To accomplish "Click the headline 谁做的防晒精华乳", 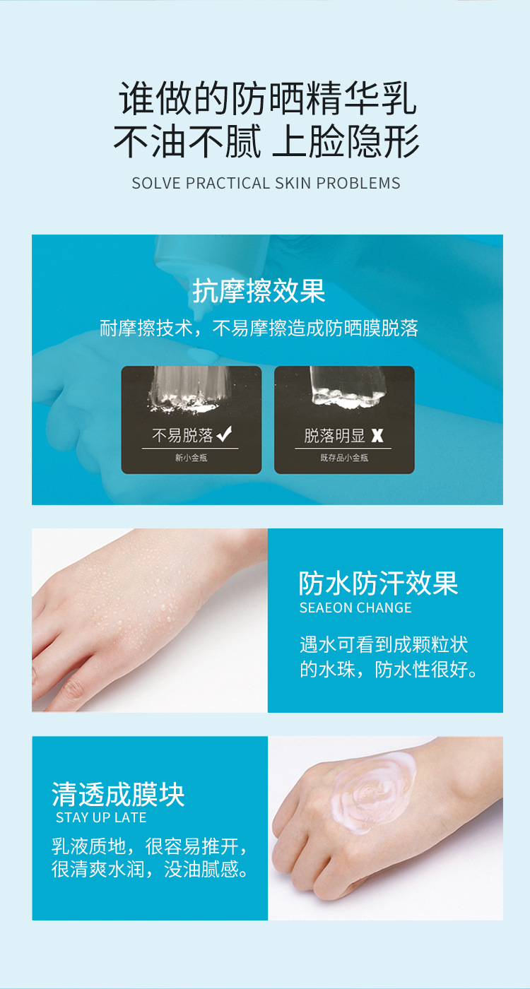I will (267, 98).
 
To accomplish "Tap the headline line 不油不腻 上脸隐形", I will (267, 141).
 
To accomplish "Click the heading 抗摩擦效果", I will (259, 291).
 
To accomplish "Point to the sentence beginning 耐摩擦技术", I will (259, 328).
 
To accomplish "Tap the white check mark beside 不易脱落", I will (225, 434).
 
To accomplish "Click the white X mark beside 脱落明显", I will (377, 435).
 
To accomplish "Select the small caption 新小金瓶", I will (191, 458).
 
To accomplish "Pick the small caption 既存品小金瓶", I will (344, 458).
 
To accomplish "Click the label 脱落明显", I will (335, 435).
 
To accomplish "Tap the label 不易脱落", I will (182, 435).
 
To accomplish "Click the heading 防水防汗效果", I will (378, 584).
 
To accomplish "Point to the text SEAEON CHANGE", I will (355, 608).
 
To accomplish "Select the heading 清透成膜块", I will (118, 795).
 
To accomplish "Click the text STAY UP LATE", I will (101, 818).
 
